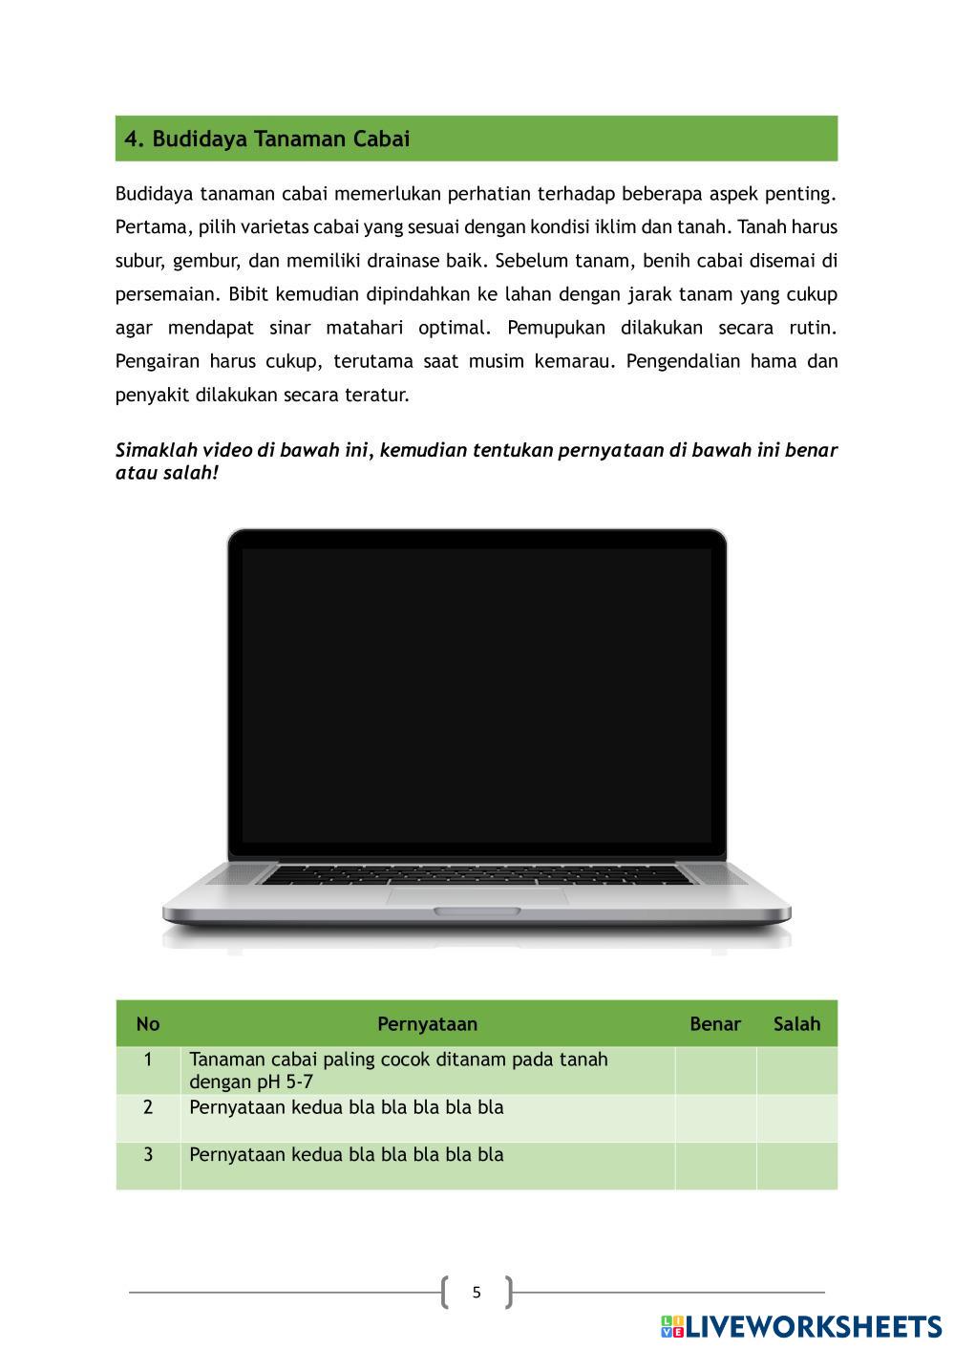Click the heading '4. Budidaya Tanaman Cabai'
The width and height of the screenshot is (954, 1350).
(267, 139)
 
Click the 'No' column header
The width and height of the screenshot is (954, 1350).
(148, 1024)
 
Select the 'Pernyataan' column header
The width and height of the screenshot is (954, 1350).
(427, 1024)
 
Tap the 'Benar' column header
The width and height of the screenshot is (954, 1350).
(715, 1024)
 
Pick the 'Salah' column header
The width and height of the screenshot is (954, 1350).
(796, 1024)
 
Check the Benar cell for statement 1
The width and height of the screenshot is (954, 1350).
(715, 1071)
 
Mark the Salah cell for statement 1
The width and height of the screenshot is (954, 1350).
(796, 1071)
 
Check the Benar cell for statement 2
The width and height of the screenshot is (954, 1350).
(715, 1118)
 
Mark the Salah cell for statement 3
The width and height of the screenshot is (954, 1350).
(796, 1165)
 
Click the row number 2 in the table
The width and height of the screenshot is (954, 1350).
(148, 1107)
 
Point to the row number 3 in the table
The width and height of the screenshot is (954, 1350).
(148, 1154)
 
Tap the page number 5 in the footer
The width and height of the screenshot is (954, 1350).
(477, 1293)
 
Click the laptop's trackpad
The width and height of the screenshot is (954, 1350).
(477, 895)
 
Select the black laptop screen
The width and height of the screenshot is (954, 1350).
(477, 695)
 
